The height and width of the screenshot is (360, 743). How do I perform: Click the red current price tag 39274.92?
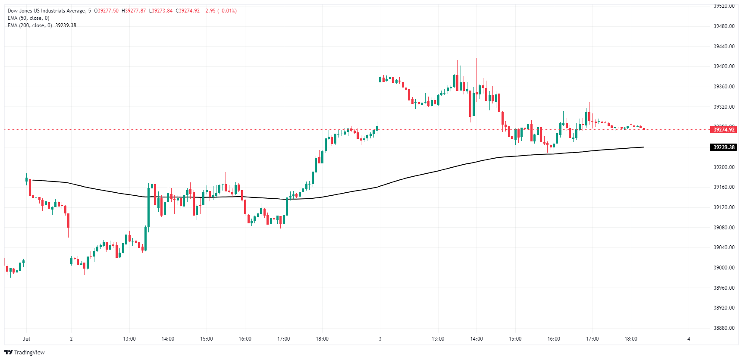pyautogui.click(x=724, y=129)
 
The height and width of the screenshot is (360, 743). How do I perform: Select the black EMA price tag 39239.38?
pyautogui.click(x=724, y=147)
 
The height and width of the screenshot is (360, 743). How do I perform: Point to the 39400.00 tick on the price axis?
pyautogui.click(x=724, y=66)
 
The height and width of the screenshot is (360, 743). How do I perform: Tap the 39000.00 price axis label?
pyautogui.click(x=724, y=268)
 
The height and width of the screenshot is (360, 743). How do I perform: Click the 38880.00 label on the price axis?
pyautogui.click(x=724, y=328)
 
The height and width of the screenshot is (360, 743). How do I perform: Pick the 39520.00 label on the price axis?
pyautogui.click(x=724, y=6)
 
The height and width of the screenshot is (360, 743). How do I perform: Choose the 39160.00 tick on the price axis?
pyautogui.click(x=724, y=187)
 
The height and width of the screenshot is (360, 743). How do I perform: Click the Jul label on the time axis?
pyautogui.click(x=26, y=339)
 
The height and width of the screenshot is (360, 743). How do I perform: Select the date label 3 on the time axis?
pyautogui.click(x=380, y=339)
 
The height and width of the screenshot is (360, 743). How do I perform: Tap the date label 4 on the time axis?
pyautogui.click(x=689, y=339)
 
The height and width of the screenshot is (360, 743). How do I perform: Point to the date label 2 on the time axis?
pyautogui.click(x=71, y=339)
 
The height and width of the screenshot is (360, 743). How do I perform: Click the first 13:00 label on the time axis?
pyautogui.click(x=129, y=339)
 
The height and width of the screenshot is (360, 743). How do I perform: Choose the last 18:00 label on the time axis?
pyautogui.click(x=631, y=339)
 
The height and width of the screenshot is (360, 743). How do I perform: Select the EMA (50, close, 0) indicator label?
pyautogui.click(x=28, y=18)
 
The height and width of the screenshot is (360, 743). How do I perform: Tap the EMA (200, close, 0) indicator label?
pyautogui.click(x=30, y=25)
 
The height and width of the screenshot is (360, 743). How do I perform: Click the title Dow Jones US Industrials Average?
pyautogui.click(x=46, y=11)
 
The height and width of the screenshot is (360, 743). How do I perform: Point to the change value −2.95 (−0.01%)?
pyautogui.click(x=219, y=11)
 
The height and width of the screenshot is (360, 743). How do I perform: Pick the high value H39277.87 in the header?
pyautogui.click(x=134, y=11)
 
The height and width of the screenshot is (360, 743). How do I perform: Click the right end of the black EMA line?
pyautogui.click(x=643, y=147)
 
